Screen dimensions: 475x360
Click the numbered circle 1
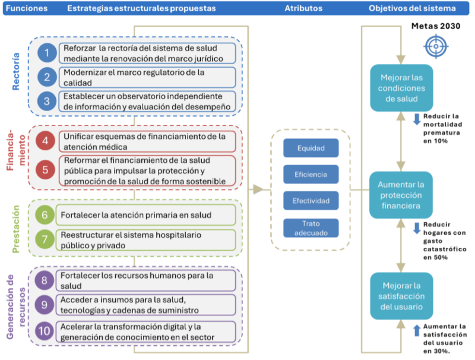point(47,53)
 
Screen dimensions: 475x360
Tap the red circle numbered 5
point(45,169)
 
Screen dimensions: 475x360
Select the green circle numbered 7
point(45,239)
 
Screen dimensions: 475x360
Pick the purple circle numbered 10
point(44,331)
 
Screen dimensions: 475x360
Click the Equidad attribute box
point(311,148)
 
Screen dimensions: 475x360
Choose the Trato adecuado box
point(311,228)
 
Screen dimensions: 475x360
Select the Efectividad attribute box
point(311,201)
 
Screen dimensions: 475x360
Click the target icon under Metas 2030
point(436,46)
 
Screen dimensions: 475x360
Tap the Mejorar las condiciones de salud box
point(401,88)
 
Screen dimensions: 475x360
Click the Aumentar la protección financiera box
point(401,195)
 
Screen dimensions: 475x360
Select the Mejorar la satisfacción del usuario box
point(401,296)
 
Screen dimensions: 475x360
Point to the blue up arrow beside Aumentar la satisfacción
point(417,330)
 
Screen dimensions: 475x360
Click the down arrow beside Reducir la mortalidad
point(417,119)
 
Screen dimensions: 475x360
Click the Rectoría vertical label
point(16,71)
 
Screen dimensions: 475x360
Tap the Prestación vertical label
point(16,229)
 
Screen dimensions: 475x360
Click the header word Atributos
point(303,8)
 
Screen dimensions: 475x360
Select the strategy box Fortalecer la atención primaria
point(145,215)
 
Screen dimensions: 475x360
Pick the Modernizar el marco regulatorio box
point(147,77)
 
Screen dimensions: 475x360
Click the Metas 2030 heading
point(436,26)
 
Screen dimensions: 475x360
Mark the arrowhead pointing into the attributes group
point(258,190)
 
